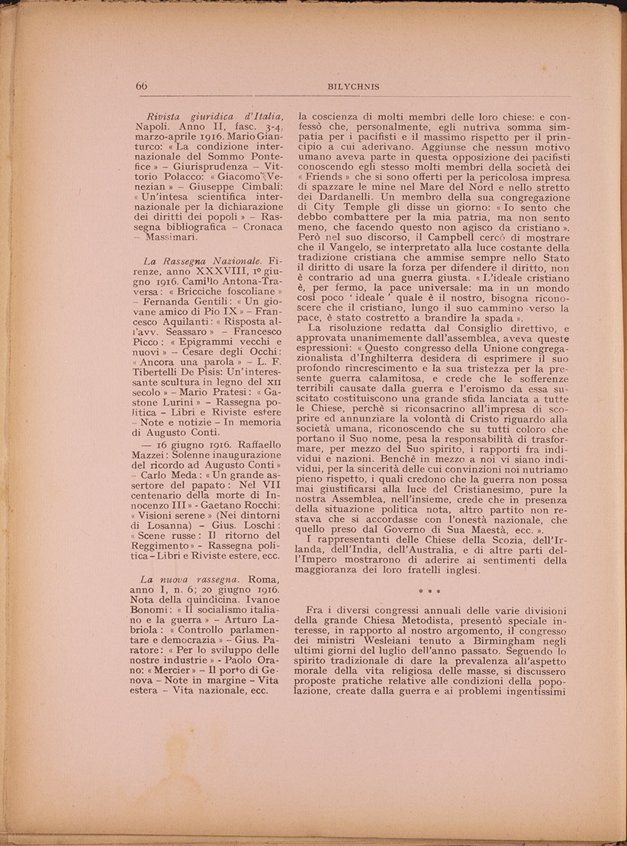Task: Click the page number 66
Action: tap(142, 86)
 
